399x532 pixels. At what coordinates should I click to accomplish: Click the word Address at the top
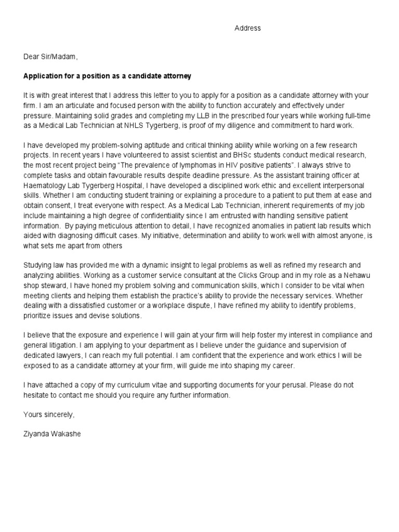[247, 29]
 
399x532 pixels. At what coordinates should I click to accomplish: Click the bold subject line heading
[108, 76]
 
